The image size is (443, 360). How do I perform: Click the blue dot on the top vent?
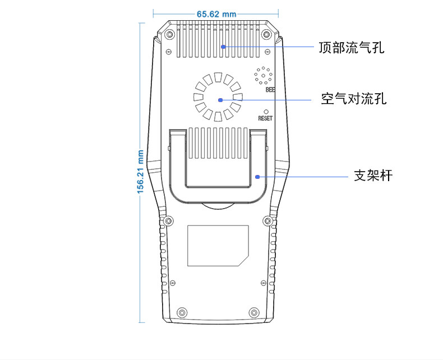(x=223, y=47)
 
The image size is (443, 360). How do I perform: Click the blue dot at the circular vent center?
(x=220, y=100)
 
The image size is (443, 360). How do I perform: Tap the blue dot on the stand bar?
(x=257, y=177)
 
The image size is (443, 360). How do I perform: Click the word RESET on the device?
(x=265, y=118)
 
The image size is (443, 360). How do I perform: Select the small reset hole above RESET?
(x=266, y=111)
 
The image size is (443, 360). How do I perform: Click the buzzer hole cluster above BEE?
(x=263, y=75)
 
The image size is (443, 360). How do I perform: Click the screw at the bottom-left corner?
(x=181, y=312)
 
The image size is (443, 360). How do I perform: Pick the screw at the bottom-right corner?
(x=254, y=312)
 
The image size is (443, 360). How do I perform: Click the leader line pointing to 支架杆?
(x=303, y=177)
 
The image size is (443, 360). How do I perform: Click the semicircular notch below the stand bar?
(x=218, y=205)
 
